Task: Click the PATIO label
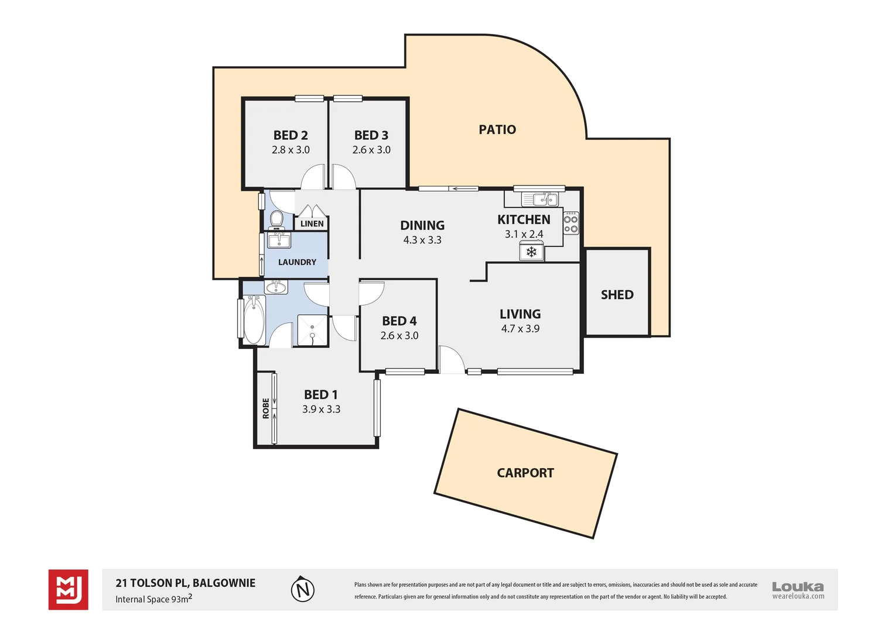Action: click(x=497, y=129)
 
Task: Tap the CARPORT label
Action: click(x=525, y=473)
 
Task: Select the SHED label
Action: click(x=617, y=294)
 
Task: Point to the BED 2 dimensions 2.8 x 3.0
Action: click(x=291, y=150)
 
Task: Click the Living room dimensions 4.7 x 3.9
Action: click(x=520, y=328)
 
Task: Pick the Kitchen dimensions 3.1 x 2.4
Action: click(x=524, y=234)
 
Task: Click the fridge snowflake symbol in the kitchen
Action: click(x=531, y=252)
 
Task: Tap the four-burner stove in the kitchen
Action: click(x=571, y=223)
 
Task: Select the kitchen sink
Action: click(x=540, y=198)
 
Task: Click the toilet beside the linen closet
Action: click(x=276, y=219)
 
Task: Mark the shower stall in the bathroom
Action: click(x=312, y=330)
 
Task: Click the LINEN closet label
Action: click(x=312, y=224)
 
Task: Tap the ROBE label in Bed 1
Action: click(x=266, y=408)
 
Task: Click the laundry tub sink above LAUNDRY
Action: click(x=278, y=241)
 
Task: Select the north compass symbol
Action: click(x=302, y=589)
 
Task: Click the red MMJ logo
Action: click(x=69, y=589)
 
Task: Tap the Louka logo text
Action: click(x=798, y=586)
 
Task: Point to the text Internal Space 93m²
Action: click(x=154, y=599)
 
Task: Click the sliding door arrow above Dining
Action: click(x=463, y=188)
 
